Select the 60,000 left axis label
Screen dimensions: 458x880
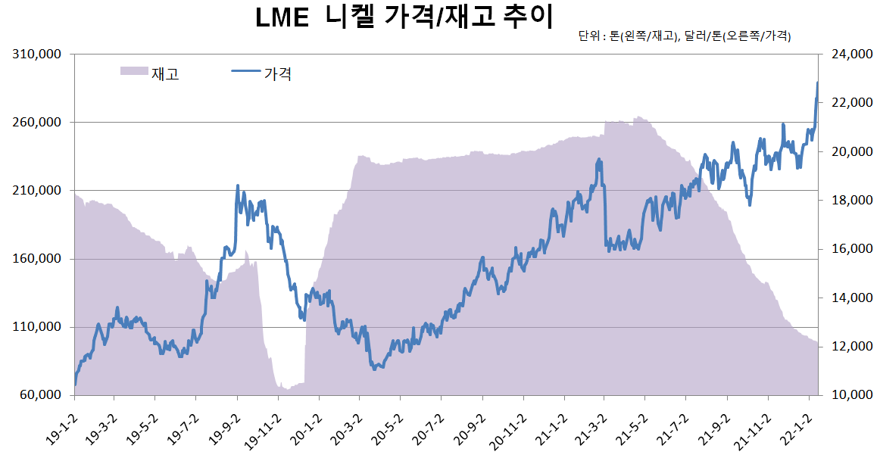tap(36, 395)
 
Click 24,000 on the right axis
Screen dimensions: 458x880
tap(847, 55)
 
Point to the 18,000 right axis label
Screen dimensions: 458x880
tap(847, 201)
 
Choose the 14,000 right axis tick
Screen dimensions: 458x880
tap(847, 298)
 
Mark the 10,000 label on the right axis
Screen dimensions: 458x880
tap(847, 395)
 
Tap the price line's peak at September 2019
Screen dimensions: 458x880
tap(238, 185)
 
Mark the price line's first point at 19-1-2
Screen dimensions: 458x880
tap(75, 385)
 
